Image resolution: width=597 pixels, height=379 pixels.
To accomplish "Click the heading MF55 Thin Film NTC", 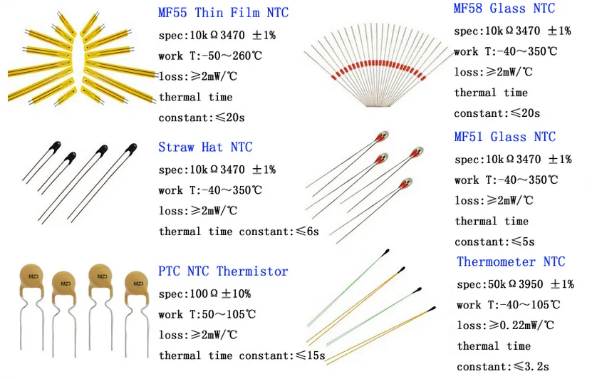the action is [223, 13].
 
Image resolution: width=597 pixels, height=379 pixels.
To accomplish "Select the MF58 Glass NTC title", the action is [504, 9].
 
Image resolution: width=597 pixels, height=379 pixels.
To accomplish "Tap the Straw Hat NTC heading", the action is [205, 147].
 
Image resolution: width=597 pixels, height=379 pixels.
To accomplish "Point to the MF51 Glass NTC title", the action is [504, 137].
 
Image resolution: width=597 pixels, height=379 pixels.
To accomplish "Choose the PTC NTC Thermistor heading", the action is [223, 271].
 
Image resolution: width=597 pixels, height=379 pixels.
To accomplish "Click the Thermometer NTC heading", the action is [511, 261].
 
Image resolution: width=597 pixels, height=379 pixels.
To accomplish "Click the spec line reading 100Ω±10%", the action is [204, 294].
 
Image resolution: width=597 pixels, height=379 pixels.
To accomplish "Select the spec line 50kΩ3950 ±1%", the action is [515, 284].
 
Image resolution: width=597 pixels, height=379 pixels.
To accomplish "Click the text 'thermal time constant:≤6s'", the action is [239, 232].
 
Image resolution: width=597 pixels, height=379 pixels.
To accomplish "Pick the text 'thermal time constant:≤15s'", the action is [242, 355].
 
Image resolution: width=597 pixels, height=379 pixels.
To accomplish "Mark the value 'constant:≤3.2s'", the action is [503, 366].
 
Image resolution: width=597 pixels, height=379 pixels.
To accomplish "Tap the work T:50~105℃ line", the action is [207, 314].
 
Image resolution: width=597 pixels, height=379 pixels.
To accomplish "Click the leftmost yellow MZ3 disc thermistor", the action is [33, 276].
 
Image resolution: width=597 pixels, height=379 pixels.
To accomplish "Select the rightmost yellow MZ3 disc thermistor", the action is [135, 284].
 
